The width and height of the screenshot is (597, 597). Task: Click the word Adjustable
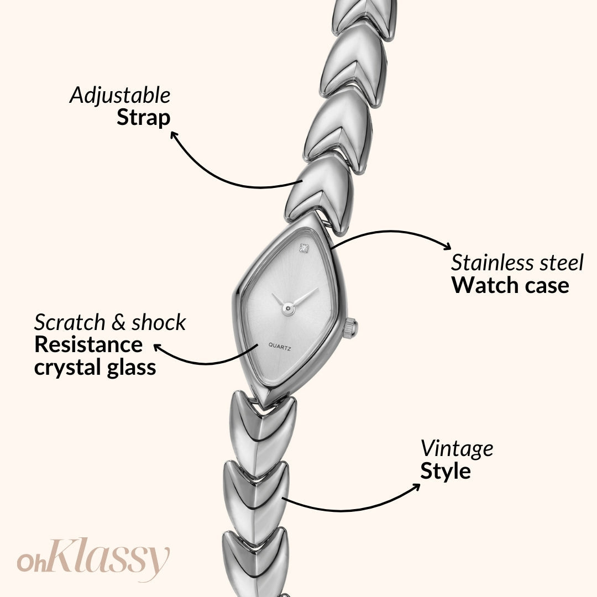point(120,96)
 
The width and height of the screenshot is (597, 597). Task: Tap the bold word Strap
point(143,118)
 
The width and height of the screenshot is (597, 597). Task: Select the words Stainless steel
point(517,263)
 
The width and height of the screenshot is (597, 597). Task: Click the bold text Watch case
point(510,285)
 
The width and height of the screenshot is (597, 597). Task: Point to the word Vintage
point(457,448)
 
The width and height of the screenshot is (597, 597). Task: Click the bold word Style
point(446,472)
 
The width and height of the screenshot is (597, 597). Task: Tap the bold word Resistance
point(88,345)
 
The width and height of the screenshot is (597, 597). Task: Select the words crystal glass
point(95,368)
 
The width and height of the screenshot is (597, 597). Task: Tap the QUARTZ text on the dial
point(280,345)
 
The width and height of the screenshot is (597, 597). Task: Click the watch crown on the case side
point(350,328)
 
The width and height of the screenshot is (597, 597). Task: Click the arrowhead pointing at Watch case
point(447,248)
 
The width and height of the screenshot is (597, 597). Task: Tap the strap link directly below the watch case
point(263,420)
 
